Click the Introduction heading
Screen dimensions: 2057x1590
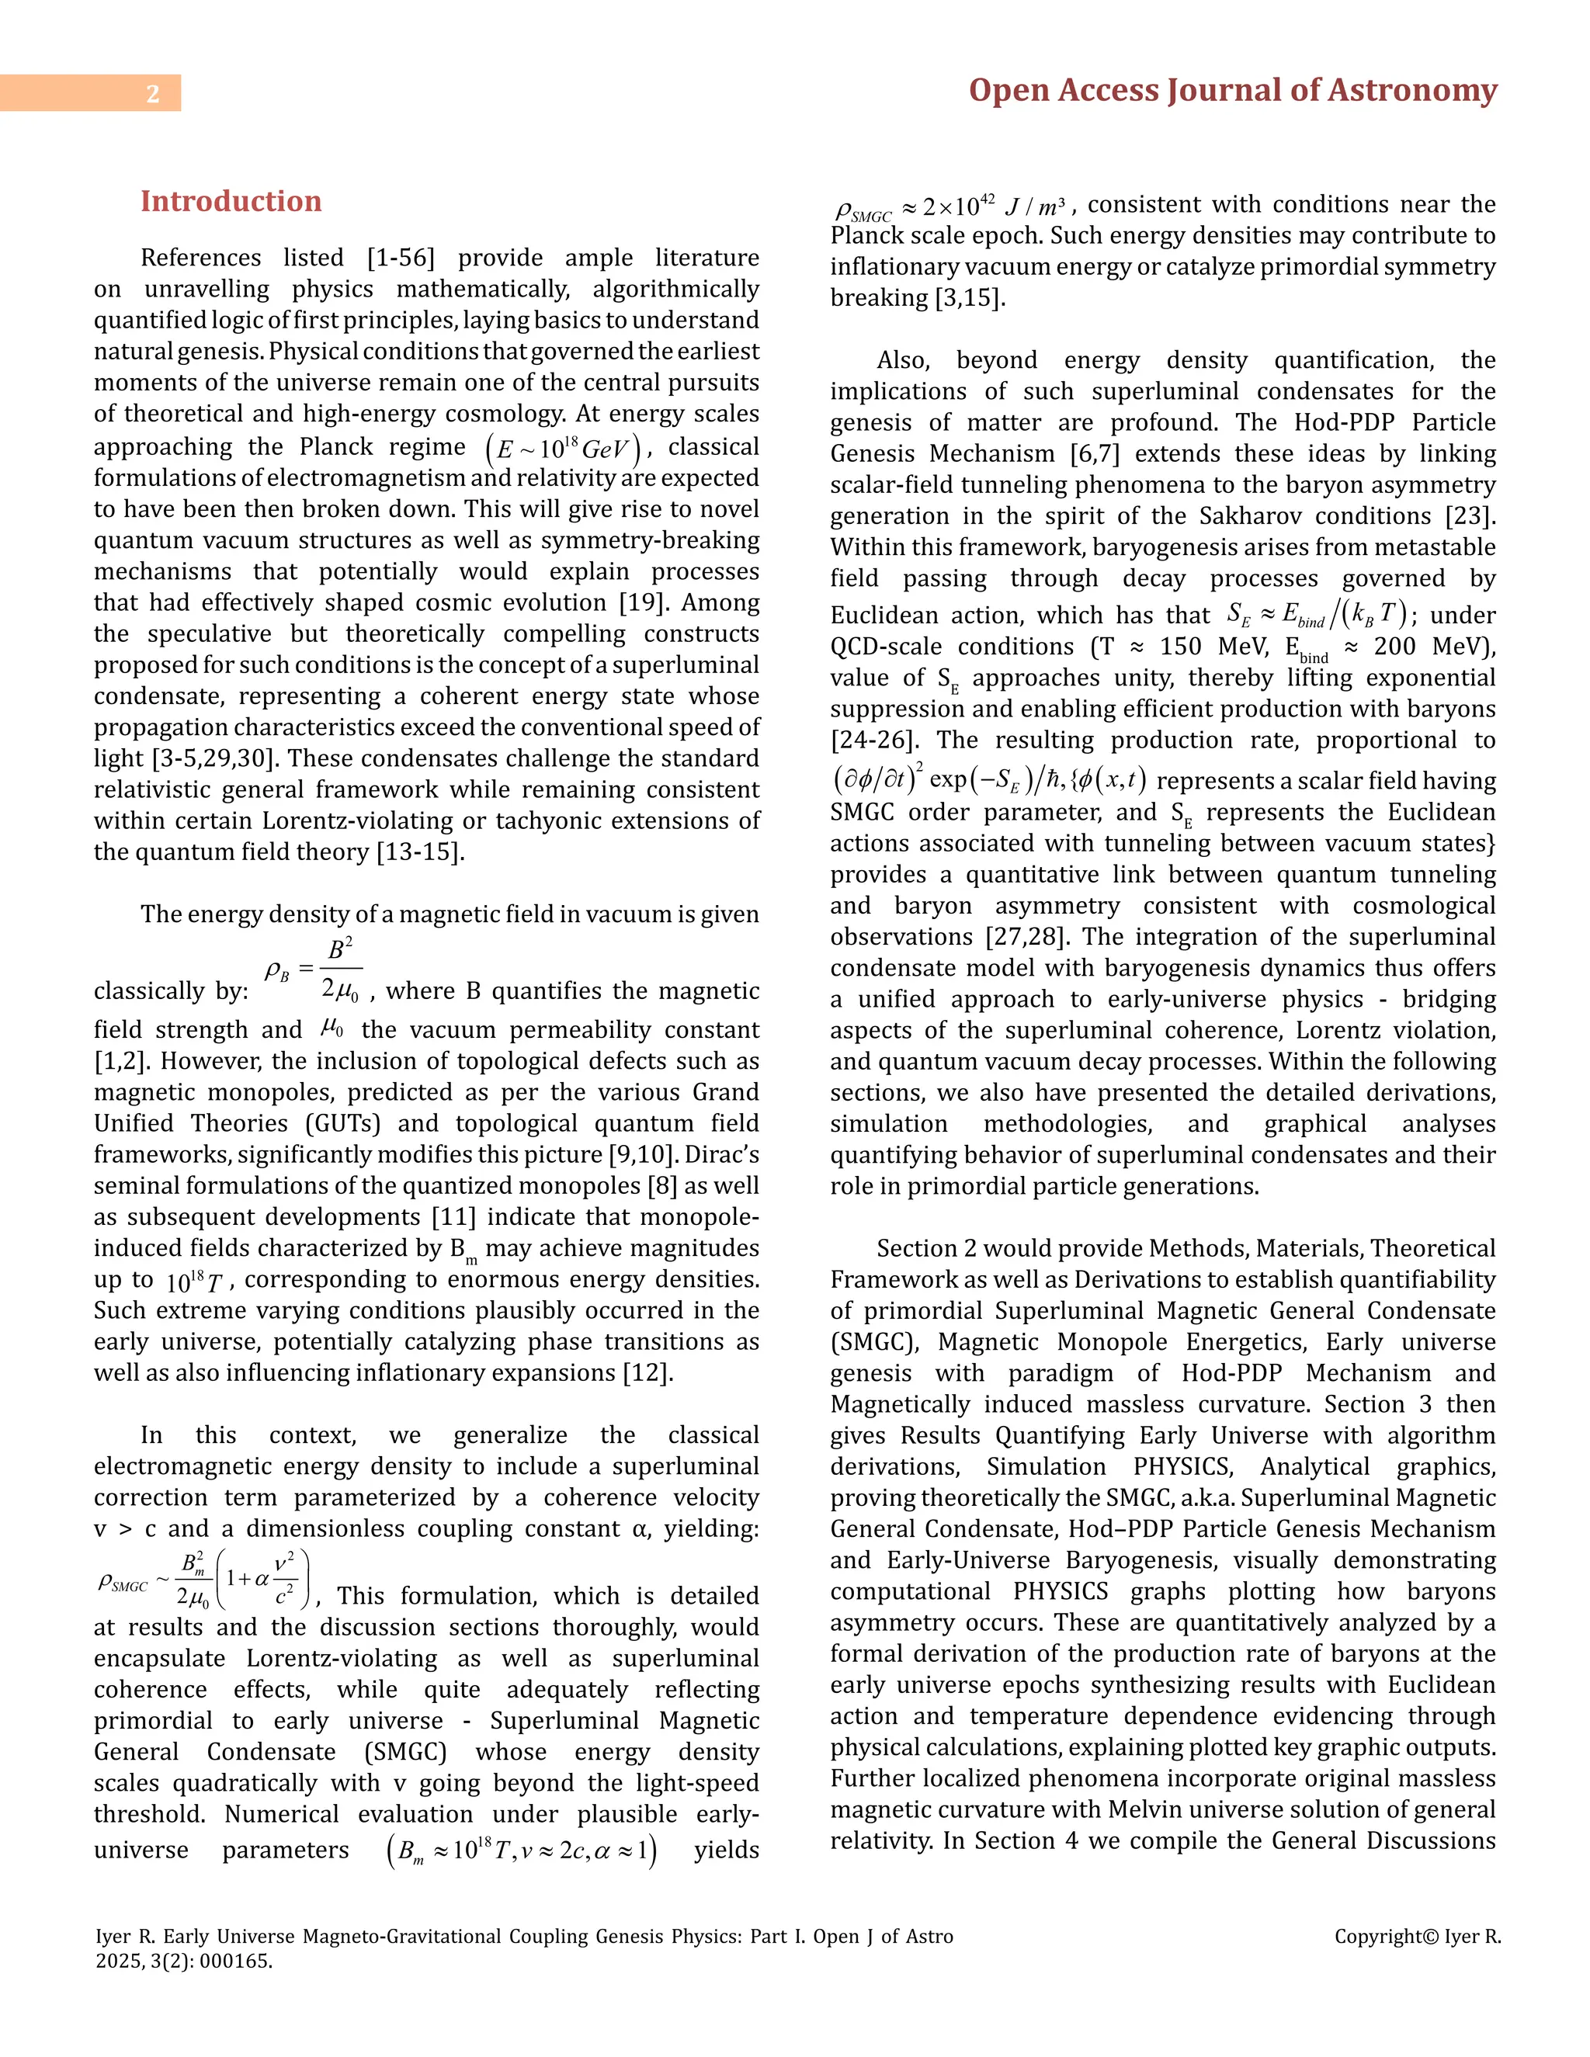[x=231, y=202]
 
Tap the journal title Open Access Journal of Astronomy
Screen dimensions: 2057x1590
[x=1232, y=90]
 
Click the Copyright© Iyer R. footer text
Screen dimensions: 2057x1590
[x=1417, y=1937]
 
